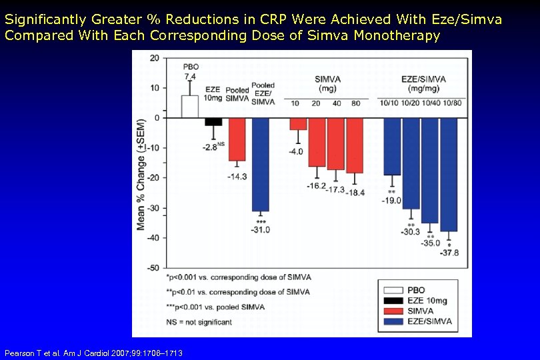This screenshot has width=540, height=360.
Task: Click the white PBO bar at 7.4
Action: (x=190, y=107)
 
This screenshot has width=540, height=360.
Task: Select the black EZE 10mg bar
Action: (x=213, y=122)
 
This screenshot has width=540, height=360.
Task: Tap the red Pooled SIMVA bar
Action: (x=237, y=139)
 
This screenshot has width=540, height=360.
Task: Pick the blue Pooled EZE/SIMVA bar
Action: (x=260, y=164)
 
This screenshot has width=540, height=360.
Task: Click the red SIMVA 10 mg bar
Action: (x=298, y=124)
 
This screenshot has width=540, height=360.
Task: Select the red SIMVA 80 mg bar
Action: (x=355, y=145)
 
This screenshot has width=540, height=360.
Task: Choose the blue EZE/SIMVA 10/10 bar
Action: (x=392, y=146)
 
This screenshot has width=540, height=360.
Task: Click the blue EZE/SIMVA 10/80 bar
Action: (x=449, y=174)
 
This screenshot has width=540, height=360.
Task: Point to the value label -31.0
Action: (x=261, y=230)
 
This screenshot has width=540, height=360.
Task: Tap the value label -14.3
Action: (x=237, y=177)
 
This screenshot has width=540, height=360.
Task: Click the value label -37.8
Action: (x=449, y=253)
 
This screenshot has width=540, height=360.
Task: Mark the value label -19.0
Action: (x=392, y=201)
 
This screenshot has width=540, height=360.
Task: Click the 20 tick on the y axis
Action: (x=155, y=58)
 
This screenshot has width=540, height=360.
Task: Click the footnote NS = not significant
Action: (x=200, y=322)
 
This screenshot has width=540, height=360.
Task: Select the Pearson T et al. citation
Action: (x=93, y=353)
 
